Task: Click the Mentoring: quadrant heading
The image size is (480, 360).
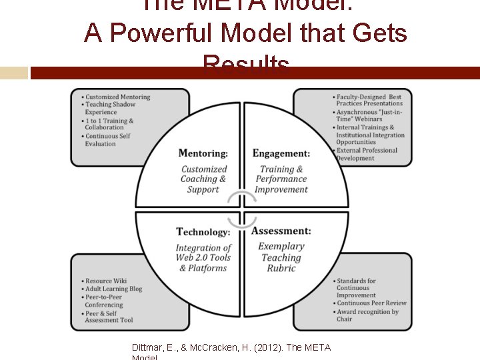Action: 203,154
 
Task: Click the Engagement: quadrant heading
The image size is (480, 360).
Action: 281,154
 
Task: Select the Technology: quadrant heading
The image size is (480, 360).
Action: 203,232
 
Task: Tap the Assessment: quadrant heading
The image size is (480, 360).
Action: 281,231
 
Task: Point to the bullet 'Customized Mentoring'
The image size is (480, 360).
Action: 117,97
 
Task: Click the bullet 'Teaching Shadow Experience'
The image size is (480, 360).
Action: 110,108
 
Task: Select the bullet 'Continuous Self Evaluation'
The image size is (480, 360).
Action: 107,139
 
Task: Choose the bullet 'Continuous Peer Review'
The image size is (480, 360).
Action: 371,303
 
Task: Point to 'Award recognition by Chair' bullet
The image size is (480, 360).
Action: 367,315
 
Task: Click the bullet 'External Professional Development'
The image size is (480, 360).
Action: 367,154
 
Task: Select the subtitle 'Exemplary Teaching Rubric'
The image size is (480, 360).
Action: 281,257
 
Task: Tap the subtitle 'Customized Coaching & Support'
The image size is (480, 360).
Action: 203,179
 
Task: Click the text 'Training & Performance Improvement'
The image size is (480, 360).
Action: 281,179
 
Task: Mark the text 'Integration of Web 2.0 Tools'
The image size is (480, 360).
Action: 203,253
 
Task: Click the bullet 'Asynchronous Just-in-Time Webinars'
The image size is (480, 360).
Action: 369,115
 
